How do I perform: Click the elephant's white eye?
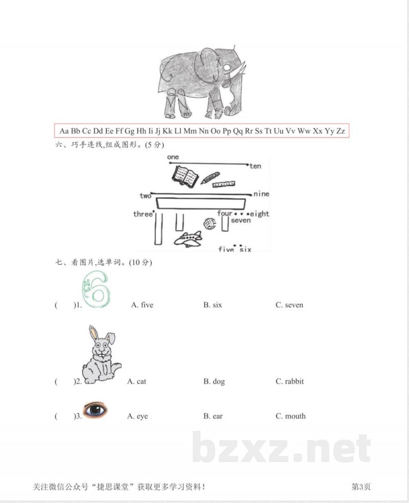[227, 67]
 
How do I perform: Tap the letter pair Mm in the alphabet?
[190, 131]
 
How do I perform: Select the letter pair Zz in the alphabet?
[340, 131]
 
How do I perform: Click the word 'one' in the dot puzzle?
[173, 157]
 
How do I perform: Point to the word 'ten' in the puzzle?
[256, 166]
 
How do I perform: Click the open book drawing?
[185, 176]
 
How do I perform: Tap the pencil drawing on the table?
[210, 178]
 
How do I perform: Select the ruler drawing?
[223, 184]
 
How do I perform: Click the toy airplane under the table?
[188, 239]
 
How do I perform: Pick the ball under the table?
[210, 223]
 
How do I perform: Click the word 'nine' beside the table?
[261, 194]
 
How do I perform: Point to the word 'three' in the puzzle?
[143, 214]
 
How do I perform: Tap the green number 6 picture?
[97, 289]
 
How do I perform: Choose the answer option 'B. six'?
[213, 305]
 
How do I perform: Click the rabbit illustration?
[101, 354]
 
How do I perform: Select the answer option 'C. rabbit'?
[290, 381]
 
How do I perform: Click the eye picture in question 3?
[95, 410]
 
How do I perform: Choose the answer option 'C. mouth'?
[290, 416]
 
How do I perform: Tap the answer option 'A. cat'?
[137, 381]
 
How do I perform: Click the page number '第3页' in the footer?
[361, 487]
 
